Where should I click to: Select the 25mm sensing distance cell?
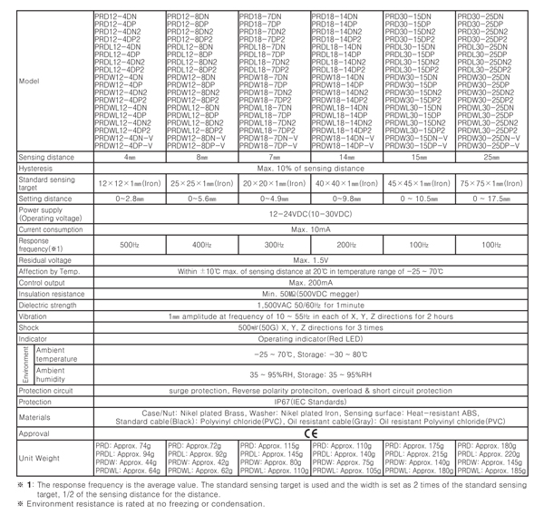[491, 157]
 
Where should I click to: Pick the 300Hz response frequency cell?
[273, 245]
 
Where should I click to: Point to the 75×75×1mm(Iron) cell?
[491, 183]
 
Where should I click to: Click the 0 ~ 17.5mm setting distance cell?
[491, 199]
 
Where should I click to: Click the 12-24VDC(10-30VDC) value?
[310, 215]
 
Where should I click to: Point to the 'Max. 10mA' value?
[310, 230]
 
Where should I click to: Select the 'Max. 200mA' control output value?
[310, 283]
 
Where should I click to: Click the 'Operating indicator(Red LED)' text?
[310, 338]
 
